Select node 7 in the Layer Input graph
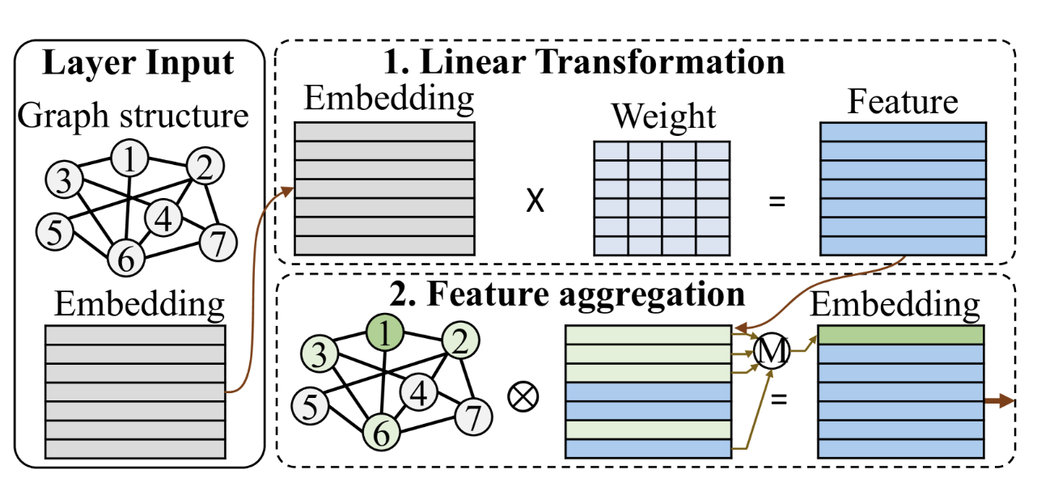(x=216, y=240)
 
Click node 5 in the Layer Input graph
(x=53, y=233)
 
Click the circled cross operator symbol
(x=523, y=396)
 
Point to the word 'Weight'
(x=663, y=116)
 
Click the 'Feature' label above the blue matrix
(x=903, y=103)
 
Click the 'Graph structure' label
(x=133, y=116)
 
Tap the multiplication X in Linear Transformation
(x=535, y=200)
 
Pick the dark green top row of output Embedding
(x=901, y=334)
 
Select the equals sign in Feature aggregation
(x=777, y=397)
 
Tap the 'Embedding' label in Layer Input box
(x=139, y=305)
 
